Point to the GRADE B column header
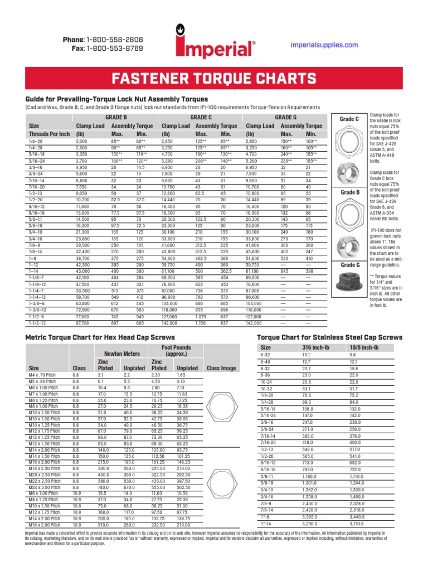click(116, 118)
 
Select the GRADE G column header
click(286, 118)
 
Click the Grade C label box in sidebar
click(349, 119)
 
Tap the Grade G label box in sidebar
click(349, 265)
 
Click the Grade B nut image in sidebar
click(350, 169)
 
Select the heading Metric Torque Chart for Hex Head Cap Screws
click(100, 338)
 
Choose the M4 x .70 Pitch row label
click(43, 376)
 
